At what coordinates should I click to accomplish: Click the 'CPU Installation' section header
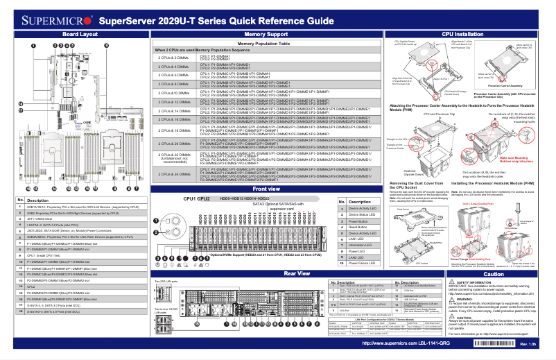point(463,34)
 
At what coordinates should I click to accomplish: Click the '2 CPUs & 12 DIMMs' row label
point(173,101)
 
